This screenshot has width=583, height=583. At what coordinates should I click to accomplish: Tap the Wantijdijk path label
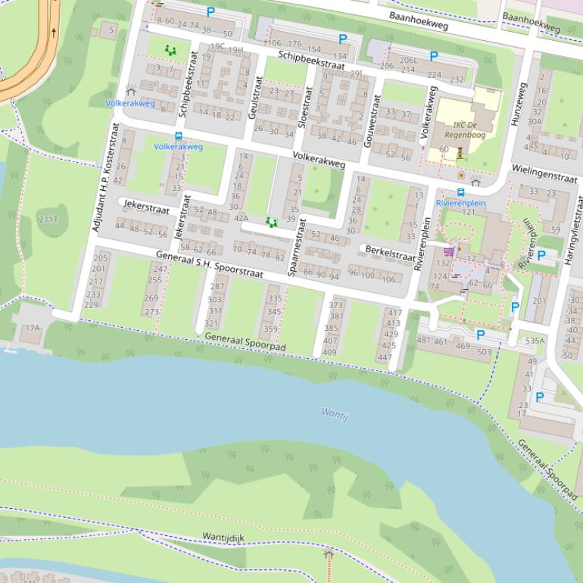223,537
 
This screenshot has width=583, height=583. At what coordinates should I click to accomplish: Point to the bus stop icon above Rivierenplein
460,192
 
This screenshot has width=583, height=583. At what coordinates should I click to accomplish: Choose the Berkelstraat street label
390,252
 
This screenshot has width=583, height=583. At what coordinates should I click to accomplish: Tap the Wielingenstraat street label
544,173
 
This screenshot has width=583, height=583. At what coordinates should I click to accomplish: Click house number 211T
48,219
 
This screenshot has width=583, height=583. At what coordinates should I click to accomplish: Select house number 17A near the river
32,328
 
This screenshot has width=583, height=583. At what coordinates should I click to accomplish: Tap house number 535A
535,341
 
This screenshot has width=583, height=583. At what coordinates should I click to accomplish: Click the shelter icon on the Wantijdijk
328,554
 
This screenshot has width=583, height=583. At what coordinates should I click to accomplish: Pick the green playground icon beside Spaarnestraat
271,223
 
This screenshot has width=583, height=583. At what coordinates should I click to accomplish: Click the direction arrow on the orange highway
54,33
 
